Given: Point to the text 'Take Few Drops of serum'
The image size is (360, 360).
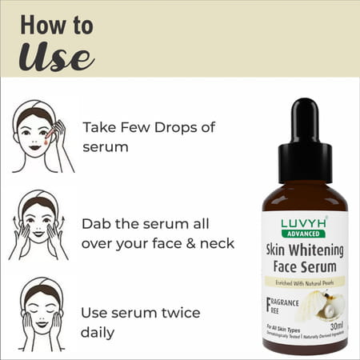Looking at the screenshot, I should coord(142,137).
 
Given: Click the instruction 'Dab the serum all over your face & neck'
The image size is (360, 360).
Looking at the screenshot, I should coord(158,232).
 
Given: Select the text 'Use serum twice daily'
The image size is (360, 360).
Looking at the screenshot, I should coord(141,321).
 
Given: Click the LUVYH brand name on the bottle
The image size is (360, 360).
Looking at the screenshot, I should coord(305,223).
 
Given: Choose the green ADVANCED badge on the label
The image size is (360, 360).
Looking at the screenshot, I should coord(305,234).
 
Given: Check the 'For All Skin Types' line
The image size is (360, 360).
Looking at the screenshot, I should coord(282,329).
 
